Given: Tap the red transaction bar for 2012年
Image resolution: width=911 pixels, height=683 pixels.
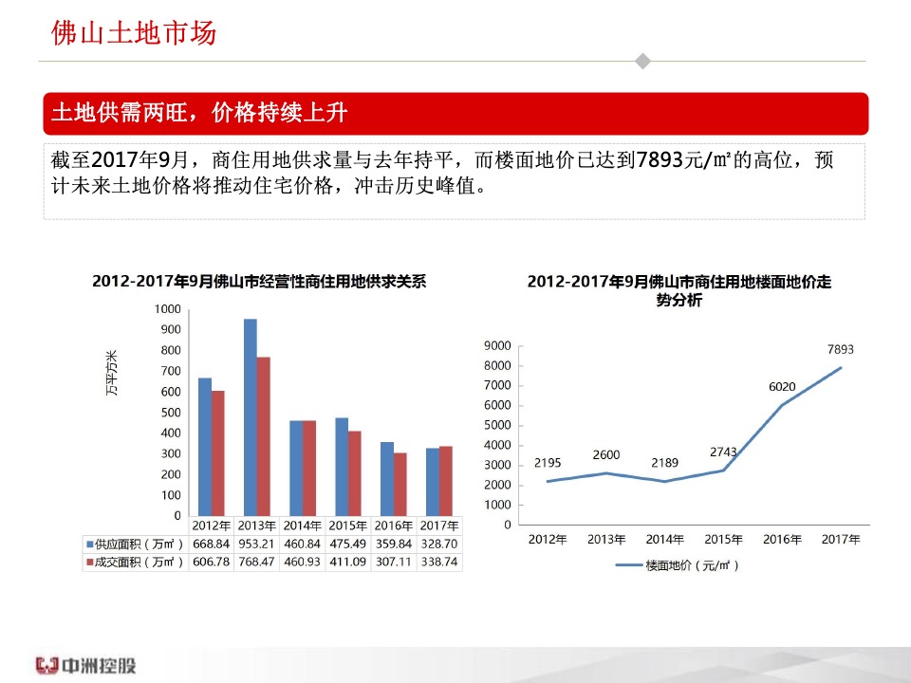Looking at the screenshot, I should pos(218,452).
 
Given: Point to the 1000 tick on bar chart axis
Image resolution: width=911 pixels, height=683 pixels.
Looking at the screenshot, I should pos(167,309).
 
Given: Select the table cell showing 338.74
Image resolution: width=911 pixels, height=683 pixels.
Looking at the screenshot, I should pos(439,562).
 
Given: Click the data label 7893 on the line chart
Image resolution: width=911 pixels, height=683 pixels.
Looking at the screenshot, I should pos(840,350).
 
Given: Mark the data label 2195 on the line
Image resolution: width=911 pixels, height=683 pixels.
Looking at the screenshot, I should pos(548,463).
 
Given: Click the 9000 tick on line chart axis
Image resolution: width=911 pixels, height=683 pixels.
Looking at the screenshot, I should pos(498,346).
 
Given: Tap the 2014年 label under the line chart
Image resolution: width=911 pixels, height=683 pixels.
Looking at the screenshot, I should pos(664,540).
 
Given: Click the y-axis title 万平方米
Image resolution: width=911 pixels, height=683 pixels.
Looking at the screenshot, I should pos(111,374).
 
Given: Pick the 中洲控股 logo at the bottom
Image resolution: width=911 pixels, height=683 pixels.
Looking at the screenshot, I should pos(85,665).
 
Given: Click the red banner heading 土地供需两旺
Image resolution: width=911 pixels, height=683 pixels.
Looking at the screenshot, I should pos(199,114).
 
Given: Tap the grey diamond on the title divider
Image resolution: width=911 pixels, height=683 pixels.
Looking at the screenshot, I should pos(642,62).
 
